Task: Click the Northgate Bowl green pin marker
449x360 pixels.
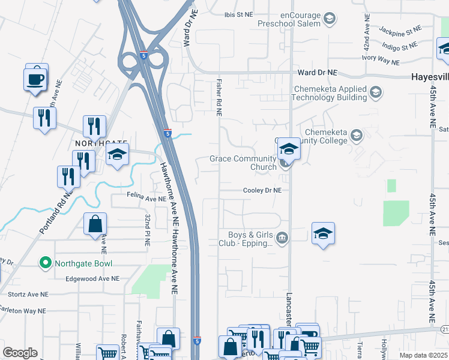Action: click(x=44, y=263)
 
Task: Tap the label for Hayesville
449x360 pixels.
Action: click(x=430, y=77)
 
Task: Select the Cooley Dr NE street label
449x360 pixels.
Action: click(x=262, y=190)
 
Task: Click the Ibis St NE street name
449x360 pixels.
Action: click(x=238, y=15)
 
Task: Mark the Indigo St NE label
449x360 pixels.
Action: click(x=400, y=46)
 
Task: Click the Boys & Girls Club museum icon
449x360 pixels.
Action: click(x=282, y=239)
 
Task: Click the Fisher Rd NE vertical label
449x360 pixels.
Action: click(x=220, y=96)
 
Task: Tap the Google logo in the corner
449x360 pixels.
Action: click(x=20, y=353)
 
